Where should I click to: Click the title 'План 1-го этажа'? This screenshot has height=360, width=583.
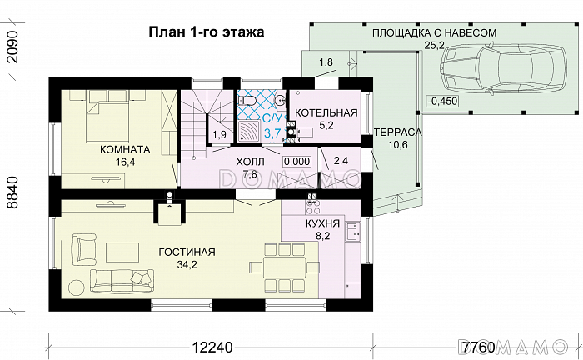tap(206, 32)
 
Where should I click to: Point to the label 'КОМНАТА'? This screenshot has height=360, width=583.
tap(124, 150)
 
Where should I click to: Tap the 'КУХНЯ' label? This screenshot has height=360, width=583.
tap(321, 223)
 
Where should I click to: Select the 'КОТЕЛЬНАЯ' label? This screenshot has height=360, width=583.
tap(326, 112)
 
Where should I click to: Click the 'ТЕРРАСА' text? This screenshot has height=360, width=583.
tap(397, 132)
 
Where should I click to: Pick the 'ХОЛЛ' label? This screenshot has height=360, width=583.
tap(249, 160)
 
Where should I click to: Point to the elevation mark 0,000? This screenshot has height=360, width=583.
tap(296, 161)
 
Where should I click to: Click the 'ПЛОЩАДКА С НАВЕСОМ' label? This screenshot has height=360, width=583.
tap(434, 32)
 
